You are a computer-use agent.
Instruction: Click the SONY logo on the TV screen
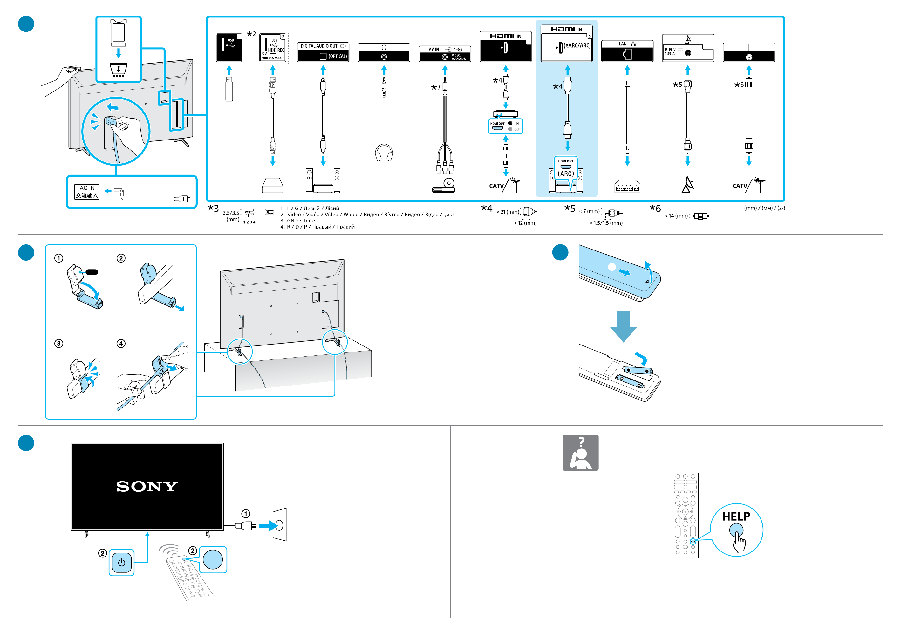[147, 487]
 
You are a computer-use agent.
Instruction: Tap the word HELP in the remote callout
[736, 516]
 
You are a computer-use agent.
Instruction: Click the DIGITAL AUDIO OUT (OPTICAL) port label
[323, 52]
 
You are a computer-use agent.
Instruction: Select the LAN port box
[627, 51]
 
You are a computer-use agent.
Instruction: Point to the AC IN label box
[87, 192]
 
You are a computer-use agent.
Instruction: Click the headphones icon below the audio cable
[384, 153]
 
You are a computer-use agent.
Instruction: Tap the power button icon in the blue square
[122, 562]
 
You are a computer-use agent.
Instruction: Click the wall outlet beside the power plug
[280, 524]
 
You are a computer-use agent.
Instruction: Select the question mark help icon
[580, 452]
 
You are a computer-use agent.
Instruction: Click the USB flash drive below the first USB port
[229, 89]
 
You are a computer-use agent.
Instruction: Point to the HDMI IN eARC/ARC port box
[566, 43]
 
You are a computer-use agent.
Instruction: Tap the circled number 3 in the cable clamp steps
[59, 344]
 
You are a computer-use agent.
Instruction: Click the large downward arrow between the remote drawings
[623, 326]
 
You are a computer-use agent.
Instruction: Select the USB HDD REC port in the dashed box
[273, 47]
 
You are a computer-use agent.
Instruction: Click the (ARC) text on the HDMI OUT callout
[565, 174]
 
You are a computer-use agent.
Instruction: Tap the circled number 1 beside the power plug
[246, 514]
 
